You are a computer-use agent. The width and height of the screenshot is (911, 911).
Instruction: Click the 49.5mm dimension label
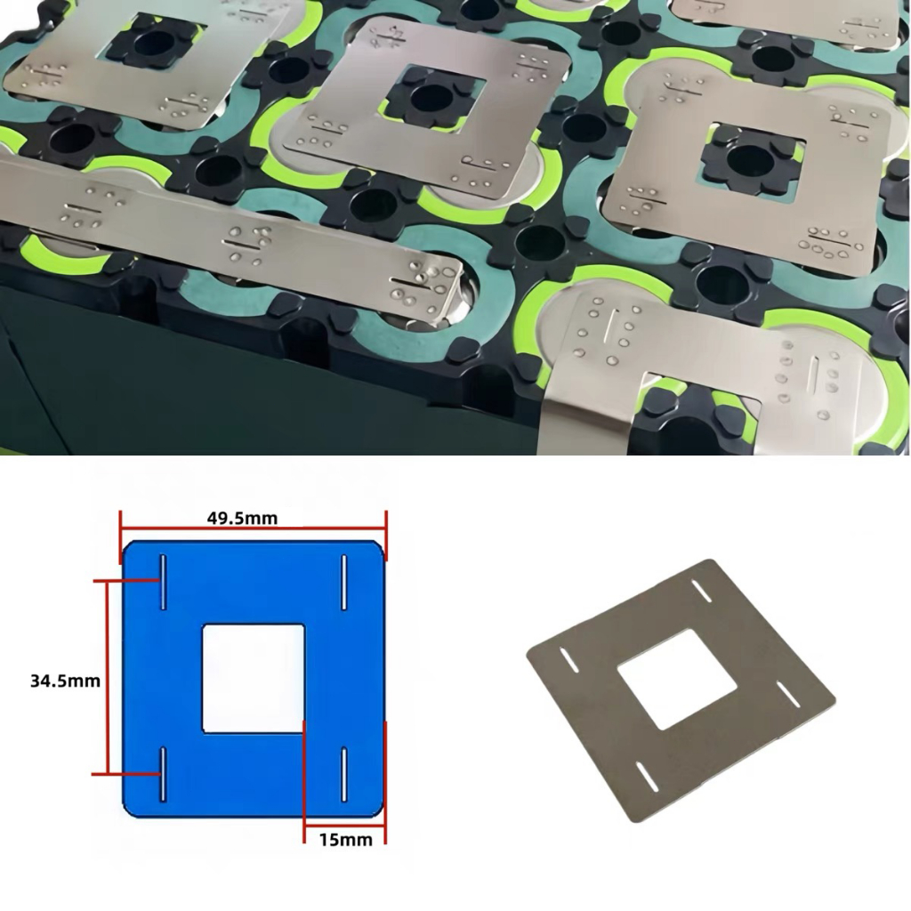242,519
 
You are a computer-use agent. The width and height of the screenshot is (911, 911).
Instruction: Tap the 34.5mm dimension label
65,681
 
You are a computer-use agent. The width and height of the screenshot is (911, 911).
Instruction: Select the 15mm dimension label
346,840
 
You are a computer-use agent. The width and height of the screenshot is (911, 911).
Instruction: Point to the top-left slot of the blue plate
164,582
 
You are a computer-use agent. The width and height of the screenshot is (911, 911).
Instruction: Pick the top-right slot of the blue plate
344,582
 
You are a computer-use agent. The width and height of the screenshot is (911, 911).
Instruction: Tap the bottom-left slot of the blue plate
164,774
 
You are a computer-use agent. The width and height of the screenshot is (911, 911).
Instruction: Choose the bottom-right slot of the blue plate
344,774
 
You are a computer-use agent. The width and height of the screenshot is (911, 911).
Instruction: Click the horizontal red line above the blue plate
254,528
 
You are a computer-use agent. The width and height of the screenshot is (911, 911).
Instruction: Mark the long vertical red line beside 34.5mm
108,677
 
